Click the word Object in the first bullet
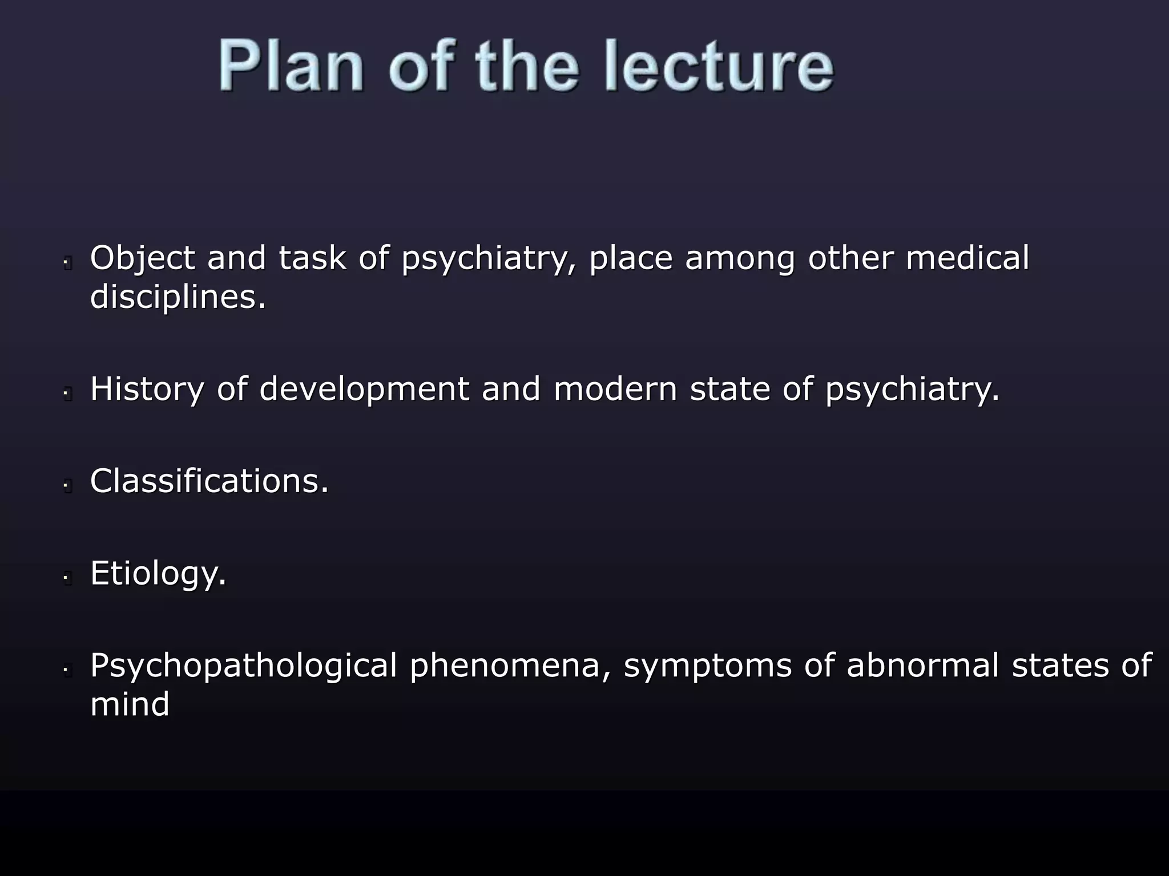coord(143,258)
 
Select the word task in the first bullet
coord(312,258)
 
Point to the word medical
coord(968,258)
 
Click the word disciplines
coord(178,297)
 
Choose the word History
coord(147,390)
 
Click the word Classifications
coord(209,481)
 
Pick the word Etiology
coord(158,573)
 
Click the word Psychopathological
coord(243,666)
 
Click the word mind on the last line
coord(130,704)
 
